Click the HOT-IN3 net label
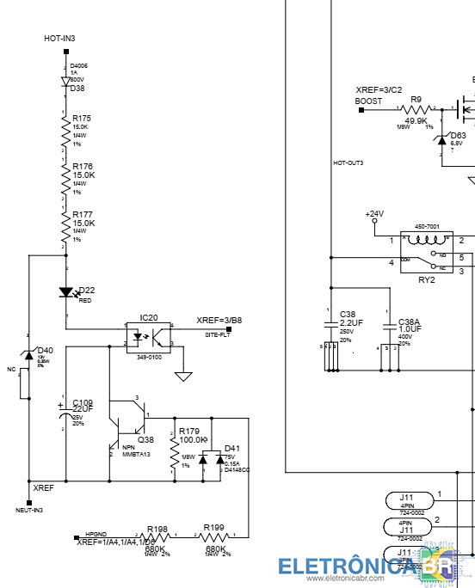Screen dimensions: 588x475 point(59,39)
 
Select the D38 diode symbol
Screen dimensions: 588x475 point(65,81)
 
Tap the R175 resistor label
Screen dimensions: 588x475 point(82,118)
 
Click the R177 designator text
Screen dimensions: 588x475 point(82,214)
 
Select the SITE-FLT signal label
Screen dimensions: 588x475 point(217,334)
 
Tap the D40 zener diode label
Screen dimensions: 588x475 point(45,350)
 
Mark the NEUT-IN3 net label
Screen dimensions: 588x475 point(29,510)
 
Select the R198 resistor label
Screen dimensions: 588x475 point(157,529)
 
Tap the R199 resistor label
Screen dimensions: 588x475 point(213,528)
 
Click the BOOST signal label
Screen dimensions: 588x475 point(368,101)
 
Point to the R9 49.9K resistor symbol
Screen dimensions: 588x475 point(416,109)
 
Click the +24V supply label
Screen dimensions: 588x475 point(374,213)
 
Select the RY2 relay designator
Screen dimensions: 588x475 point(426,279)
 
